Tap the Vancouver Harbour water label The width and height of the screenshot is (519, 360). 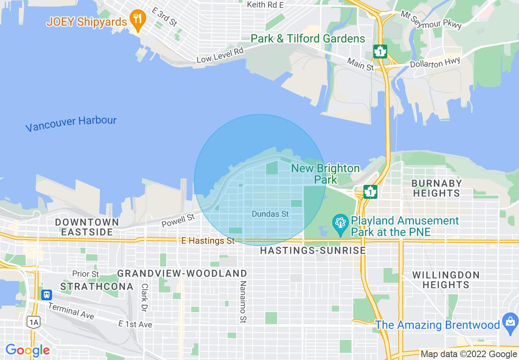[71, 124]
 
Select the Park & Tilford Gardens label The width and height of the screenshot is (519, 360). [308, 39]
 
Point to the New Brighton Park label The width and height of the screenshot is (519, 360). [325, 174]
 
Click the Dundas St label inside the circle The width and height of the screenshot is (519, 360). [270, 214]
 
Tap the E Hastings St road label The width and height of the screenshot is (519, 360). [208, 241]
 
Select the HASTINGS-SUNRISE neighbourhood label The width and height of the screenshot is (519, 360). [313, 250]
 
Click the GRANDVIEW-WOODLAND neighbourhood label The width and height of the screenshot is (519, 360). [182, 273]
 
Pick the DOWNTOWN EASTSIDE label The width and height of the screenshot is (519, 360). [87, 227]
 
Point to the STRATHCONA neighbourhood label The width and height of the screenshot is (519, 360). [97, 286]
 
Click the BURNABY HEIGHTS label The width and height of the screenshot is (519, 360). [436, 188]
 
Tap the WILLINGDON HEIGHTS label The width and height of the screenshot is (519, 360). [446, 279]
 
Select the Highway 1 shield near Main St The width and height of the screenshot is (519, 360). [380, 52]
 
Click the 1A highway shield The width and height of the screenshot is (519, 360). [34, 322]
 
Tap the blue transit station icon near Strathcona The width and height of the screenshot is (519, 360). [47, 295]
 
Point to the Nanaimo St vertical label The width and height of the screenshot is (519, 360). [243, 302]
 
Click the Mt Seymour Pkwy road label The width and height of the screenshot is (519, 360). [431, 20]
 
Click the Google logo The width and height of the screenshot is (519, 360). [27, 350]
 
